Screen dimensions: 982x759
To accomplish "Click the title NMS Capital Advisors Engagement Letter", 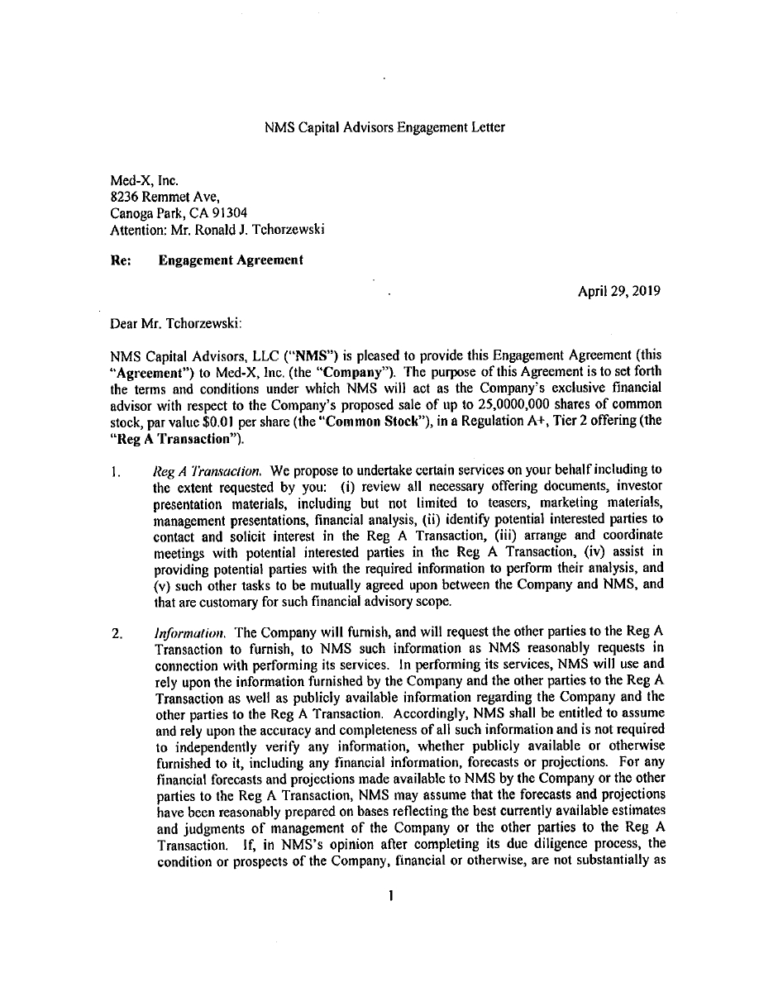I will pos(384,128).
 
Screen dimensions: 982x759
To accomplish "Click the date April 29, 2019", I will pos(618,291).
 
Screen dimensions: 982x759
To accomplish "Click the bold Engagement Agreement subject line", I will pos(231,260).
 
